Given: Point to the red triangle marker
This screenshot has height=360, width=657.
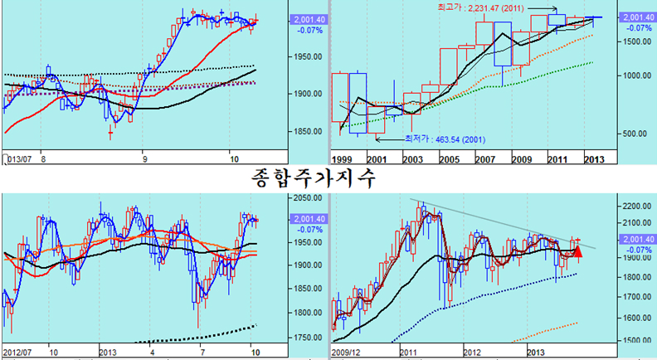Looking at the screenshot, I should tap(578, 250).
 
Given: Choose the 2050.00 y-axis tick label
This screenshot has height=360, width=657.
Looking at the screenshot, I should tap(308, 197).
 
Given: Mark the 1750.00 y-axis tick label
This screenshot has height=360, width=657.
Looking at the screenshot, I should tap(308, 338).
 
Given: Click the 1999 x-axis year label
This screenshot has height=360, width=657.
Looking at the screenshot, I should tap(342, 158).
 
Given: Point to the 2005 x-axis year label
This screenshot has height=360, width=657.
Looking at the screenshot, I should tap(449, 158).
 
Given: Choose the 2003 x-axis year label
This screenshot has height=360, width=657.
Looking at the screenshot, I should tap(413, 158).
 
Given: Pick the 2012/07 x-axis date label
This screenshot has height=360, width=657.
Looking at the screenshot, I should tap(17, 350).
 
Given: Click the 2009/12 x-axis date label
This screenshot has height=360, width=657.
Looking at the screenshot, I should tap(348, 350).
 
